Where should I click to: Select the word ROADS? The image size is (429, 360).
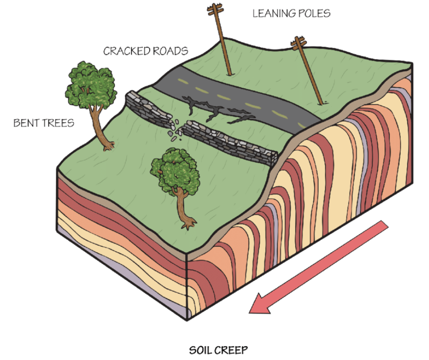click(x=171, y=51)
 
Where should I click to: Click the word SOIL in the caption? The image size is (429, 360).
click(x=202, y=350)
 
